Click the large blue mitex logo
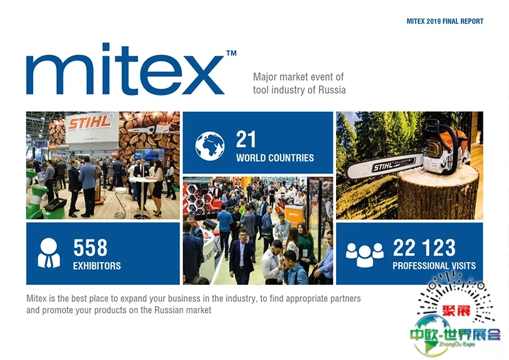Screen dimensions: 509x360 125,69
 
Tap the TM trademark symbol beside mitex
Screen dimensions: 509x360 231,53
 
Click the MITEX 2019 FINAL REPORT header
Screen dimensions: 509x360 445,21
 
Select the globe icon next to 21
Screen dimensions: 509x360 210,146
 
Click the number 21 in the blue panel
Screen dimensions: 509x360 245,139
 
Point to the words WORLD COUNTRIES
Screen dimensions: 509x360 275,158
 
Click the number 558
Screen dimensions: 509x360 90,247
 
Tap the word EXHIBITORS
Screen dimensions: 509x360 97,266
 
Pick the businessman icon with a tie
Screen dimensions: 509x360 49,252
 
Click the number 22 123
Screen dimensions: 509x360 424,247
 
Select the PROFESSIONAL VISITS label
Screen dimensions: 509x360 434,266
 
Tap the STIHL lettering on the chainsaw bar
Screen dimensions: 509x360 383,167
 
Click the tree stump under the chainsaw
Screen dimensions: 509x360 438,191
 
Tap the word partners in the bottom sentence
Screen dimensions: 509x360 345,299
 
